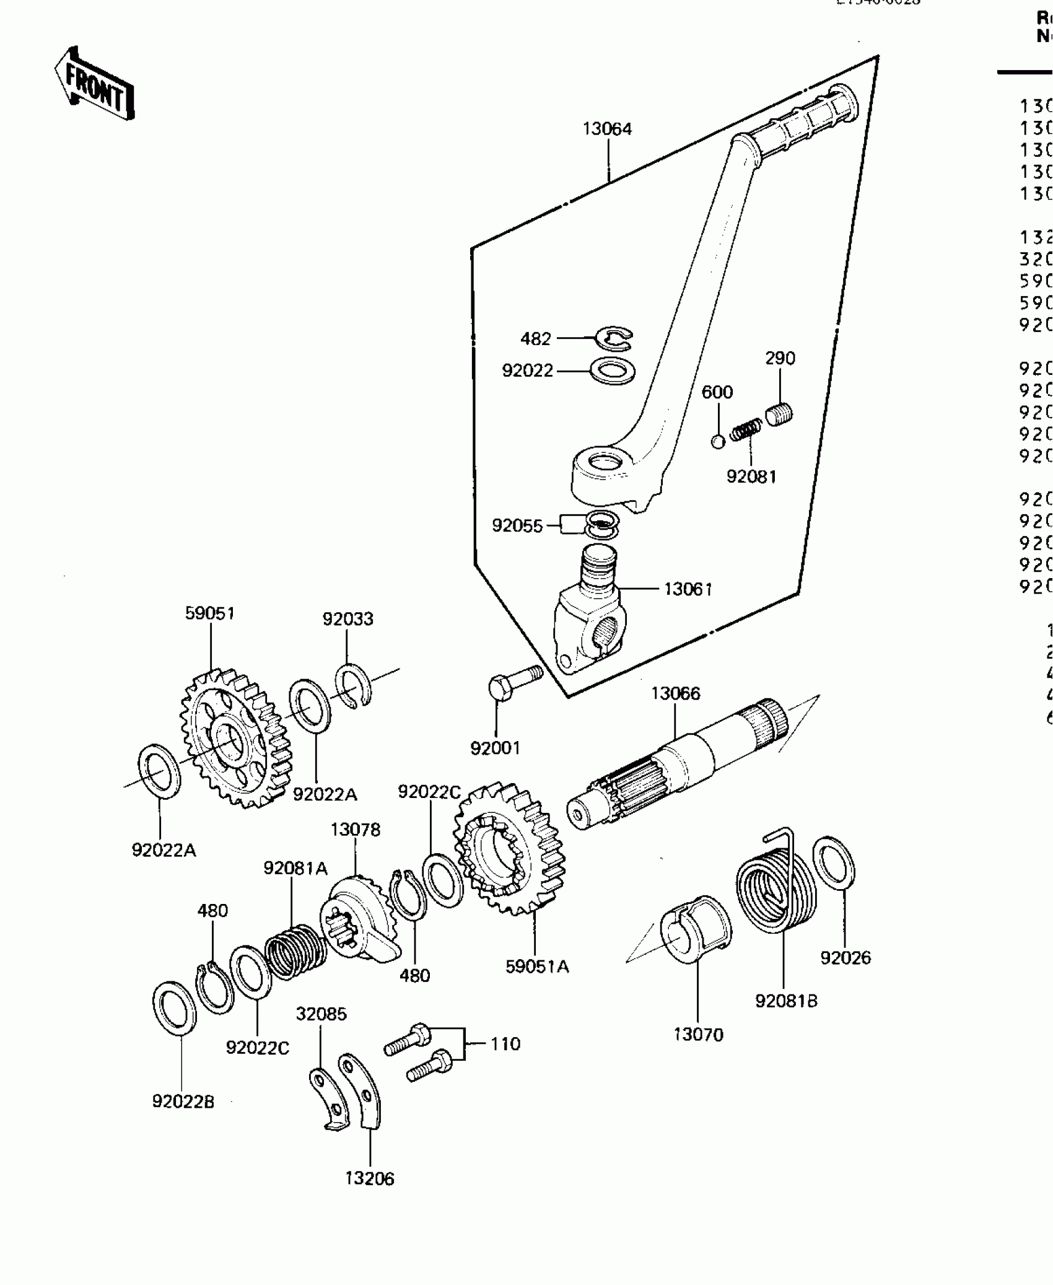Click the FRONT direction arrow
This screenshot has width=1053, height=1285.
coord(95,84)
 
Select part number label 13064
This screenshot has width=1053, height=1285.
coord(607,129)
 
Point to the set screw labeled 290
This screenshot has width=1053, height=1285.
coord(780,413)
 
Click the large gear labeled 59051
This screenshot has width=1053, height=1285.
coord(235,737)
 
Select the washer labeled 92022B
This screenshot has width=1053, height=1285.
coord(174,1008)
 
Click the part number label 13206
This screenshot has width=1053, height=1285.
coord(370,1177)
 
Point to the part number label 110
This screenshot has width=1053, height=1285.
coord(505,1044)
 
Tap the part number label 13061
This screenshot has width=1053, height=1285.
coord(688,589)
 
